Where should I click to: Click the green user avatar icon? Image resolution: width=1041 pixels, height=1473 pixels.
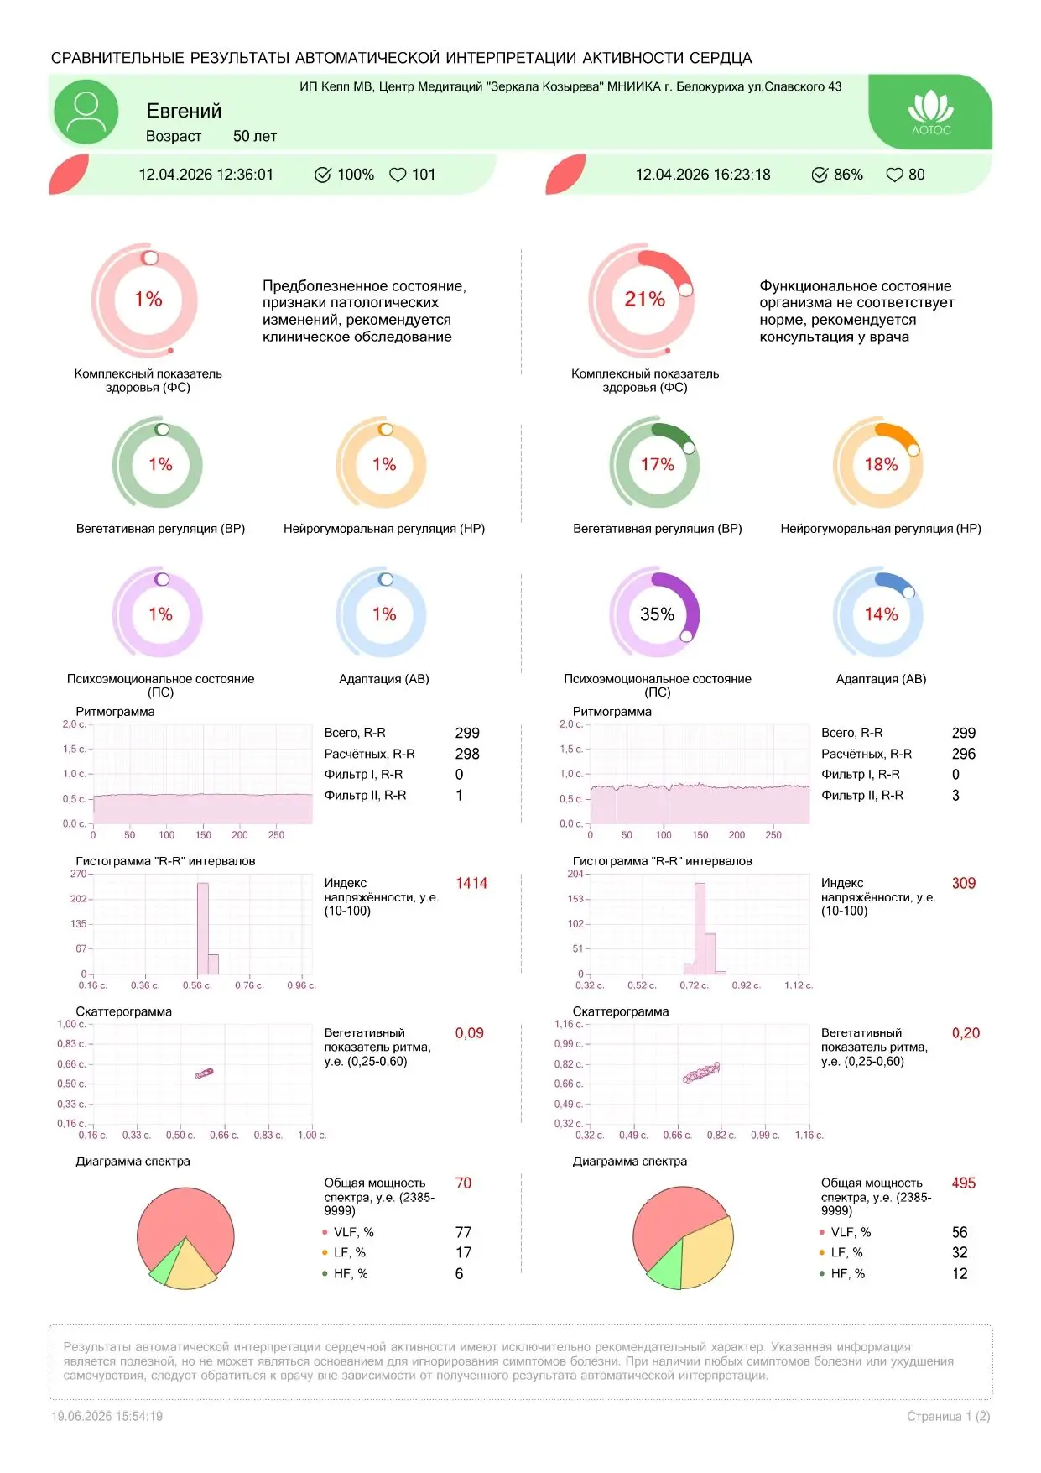tap(86, 112)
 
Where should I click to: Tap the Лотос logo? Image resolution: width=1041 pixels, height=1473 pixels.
tap(931, 112)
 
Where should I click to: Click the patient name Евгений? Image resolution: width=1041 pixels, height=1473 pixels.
tap(184, 111)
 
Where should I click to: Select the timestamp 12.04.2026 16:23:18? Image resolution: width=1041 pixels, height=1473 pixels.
tap(703, 175)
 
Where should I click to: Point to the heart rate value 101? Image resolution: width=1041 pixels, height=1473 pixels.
tap(424, 175)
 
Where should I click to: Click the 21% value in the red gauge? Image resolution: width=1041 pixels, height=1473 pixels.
tap(644, 299)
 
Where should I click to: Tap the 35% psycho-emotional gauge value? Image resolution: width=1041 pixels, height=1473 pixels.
tap(657, 614)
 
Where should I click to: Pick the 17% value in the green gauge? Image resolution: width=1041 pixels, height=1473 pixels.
tap(657, 464)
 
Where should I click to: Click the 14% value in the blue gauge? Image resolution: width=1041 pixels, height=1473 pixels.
tap(881, 614)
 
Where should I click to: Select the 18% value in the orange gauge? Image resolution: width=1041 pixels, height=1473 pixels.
tap(881, 464)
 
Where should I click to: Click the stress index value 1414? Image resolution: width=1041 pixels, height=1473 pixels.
tap(471, 883)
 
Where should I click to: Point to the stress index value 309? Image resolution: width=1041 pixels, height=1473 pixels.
tap(964, 883)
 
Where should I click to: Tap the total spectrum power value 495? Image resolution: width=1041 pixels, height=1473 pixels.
tap(964, 1183)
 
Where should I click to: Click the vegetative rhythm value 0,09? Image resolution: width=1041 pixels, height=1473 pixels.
tap(470, 1033)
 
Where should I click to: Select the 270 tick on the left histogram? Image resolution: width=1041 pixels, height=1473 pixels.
tap(78, 874)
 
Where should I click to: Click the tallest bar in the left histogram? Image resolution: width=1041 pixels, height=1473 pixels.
tap(203, 928)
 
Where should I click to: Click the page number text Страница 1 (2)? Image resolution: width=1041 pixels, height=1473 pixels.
tap(949, 1416)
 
